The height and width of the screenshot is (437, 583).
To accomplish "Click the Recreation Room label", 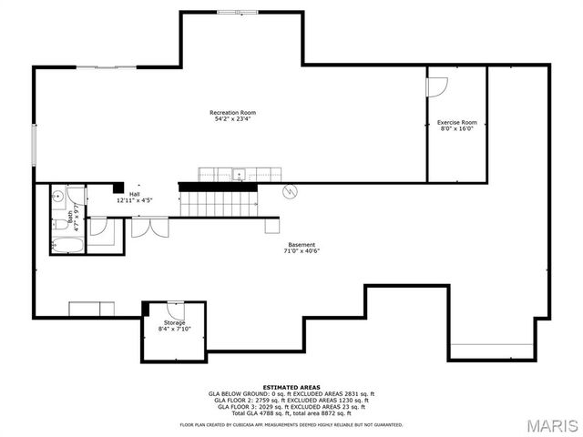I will [x=232, y=116].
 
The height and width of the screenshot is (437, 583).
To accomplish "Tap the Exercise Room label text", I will [x=456, y=125].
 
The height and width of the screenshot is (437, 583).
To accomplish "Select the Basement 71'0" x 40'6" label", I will [x=302, y=248].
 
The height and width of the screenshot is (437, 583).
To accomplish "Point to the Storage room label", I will [x=174, y=326].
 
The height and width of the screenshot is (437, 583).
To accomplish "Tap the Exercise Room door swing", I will [x=437, y=86].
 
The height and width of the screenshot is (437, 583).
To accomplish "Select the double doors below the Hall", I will [x=148, y=226].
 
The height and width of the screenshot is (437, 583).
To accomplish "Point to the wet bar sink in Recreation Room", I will [x=237, y=174].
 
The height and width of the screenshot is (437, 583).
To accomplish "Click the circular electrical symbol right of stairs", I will [x=291, y=191].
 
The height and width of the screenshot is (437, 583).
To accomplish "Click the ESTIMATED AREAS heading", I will [x=291, y=386].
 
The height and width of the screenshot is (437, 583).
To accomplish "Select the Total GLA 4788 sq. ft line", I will [x=291, y=412].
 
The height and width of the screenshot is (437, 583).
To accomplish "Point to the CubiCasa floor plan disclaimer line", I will [x=291, y=424].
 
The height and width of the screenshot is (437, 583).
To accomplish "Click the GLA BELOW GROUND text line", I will [x=291, y=393].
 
